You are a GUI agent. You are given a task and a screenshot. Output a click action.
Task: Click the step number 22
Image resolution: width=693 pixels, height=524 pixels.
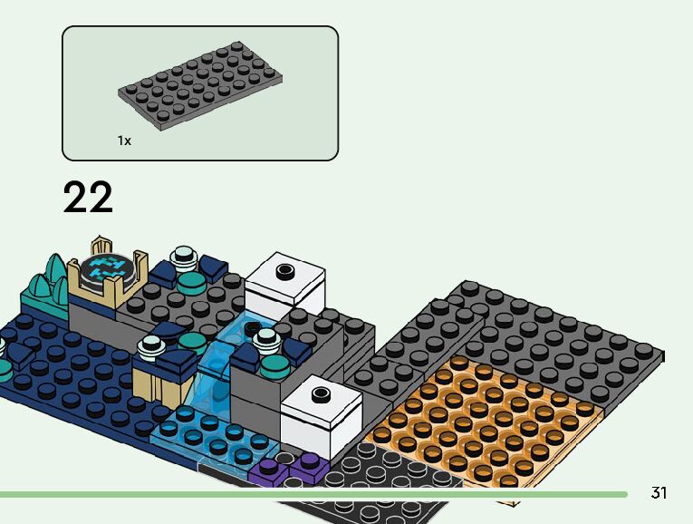(88, 199)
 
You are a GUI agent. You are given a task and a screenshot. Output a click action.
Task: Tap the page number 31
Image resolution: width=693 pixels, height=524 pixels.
(659, 493)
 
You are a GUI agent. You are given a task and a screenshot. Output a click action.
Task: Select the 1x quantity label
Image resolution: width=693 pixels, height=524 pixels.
(124, 141)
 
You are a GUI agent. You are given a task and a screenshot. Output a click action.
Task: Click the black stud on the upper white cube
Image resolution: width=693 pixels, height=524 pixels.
(286, 270)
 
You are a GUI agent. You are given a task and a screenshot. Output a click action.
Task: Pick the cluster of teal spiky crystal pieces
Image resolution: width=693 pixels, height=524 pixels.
(45, 279)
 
